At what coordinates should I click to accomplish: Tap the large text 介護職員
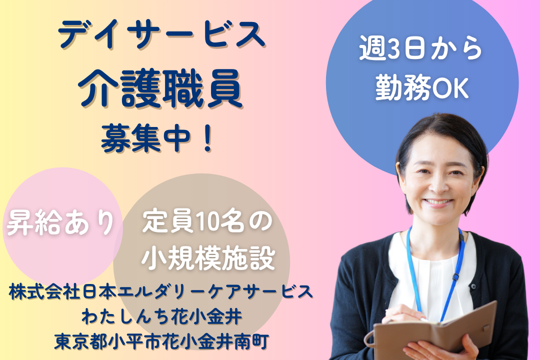click(160, 88)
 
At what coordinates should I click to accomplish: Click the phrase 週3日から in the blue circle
click(421, 48)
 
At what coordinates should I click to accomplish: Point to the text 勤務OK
click(421, 88)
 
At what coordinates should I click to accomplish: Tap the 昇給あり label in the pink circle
click(60, 222)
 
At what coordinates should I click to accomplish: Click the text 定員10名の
click(207, 222)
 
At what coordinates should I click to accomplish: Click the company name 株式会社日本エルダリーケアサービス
click(161, 292)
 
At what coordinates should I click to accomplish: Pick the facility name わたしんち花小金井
click(161, 316)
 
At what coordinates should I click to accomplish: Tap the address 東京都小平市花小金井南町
click(161, 341)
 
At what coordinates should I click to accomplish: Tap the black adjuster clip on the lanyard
click(455, 277)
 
